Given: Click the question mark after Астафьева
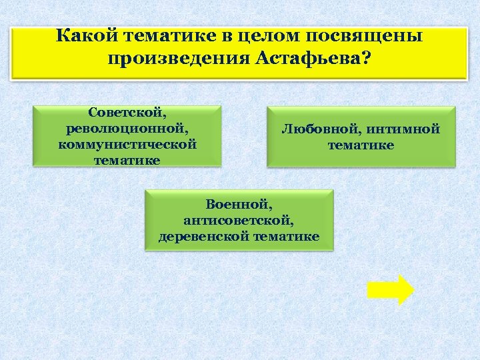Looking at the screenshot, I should coord(369,58).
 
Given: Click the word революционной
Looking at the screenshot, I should coord(127,129).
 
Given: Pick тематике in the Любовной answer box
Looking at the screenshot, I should coord(361,145).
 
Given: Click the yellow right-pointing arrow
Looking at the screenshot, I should coord(390,290).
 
